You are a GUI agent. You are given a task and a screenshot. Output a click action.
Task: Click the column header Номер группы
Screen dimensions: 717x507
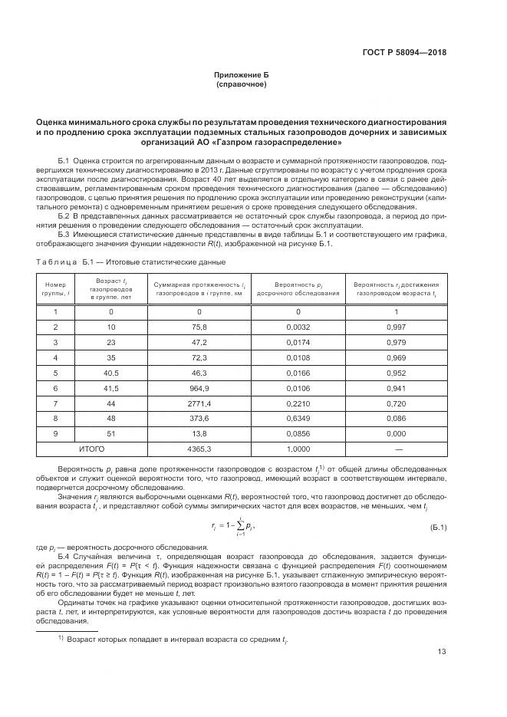point(56,288)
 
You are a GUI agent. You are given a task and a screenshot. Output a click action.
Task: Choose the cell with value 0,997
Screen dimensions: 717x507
point(397,327)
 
